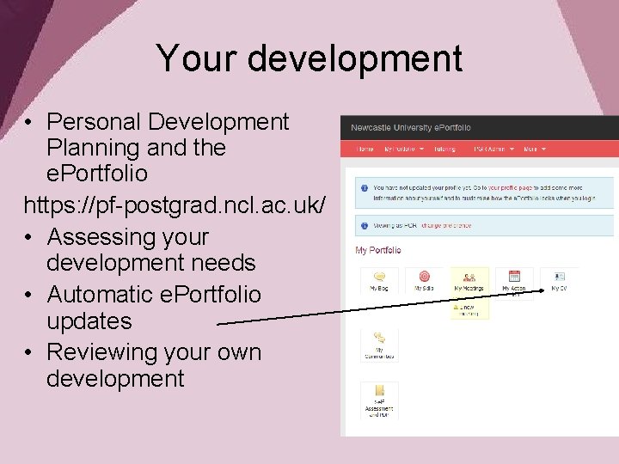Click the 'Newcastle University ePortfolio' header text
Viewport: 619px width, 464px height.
tap(410, 128)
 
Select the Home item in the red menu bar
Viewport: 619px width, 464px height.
tap(365, 149)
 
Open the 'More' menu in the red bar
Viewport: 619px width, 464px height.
tap(534, 149)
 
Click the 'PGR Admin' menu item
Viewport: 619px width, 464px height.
tap(493, 149)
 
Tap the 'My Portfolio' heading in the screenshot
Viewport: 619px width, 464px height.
tap(377, 250)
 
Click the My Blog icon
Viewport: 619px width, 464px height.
tap(378, 278)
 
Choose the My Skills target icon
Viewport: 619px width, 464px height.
tap(424, 278)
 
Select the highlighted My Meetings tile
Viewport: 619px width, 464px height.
tap(469, 280)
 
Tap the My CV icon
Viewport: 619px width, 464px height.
tap(559, 278)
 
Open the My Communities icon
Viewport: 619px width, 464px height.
tap(378, 340)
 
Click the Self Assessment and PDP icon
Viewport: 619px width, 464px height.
tap(378, 393)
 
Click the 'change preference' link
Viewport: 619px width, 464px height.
tap(448, 226)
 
